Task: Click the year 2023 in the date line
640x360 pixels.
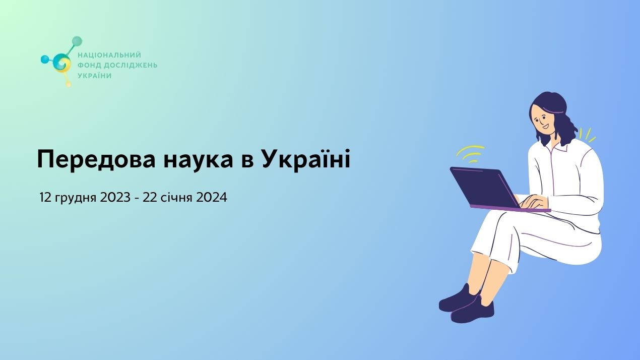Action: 115,198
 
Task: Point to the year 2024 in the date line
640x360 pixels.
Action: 212,198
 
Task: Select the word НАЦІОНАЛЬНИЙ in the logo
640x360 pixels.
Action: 109,55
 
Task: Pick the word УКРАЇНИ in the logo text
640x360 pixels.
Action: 94,76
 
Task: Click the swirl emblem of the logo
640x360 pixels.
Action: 62,63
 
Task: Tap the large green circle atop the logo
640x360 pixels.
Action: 77,41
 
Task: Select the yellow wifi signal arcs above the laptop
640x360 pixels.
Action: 470,152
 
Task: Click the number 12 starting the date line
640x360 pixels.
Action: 45,198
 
